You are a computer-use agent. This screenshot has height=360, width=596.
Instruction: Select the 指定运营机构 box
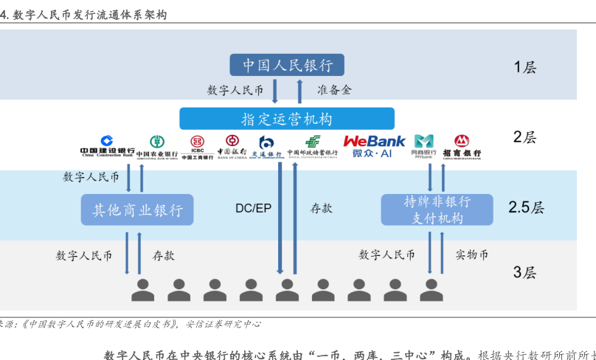287,119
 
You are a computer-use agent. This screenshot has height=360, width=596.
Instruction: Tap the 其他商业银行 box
137,210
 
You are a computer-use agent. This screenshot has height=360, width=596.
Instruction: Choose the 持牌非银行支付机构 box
437,210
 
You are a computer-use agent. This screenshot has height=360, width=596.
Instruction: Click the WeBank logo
374,146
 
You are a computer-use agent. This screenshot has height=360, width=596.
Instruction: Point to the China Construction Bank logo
107,147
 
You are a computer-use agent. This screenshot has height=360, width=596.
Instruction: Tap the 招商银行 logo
462,147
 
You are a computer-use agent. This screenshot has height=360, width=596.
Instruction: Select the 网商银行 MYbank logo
423,147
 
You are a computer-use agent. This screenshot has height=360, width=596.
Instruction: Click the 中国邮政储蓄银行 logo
312,147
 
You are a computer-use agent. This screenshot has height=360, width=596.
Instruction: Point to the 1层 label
524,68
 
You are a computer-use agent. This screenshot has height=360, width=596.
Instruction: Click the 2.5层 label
526,208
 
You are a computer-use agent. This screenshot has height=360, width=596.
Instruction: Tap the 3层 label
524,272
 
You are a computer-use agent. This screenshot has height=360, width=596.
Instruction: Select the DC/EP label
253,209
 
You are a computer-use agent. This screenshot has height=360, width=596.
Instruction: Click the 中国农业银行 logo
157,147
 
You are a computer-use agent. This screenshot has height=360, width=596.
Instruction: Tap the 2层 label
524,137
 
